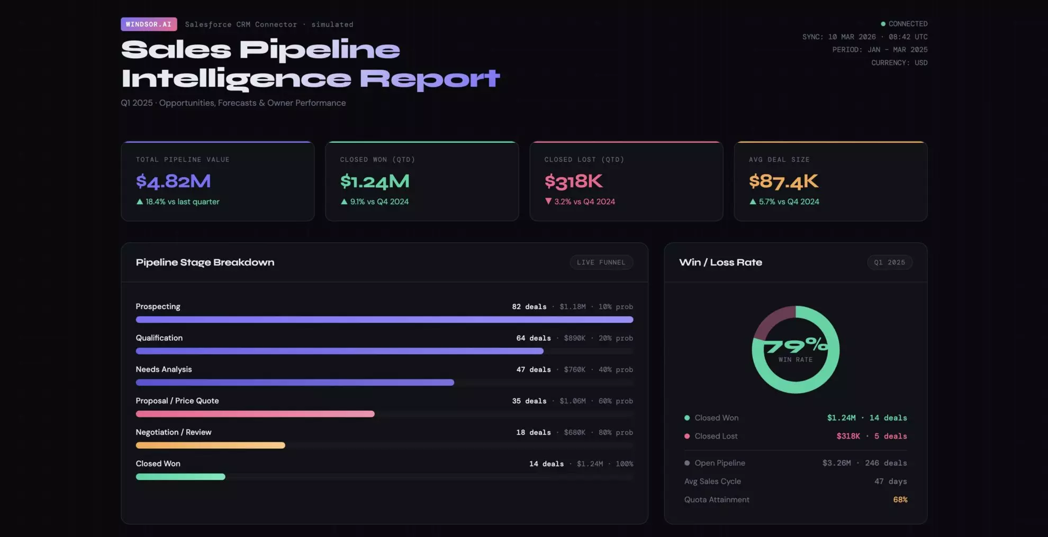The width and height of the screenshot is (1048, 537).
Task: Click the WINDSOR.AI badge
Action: pyautogui.click(x=149, y=24)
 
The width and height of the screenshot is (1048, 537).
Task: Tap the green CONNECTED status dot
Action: pyautogui.click(x=883, y=24)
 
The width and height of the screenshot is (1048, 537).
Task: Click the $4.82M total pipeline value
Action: pyautogui.click(x=173, y=181)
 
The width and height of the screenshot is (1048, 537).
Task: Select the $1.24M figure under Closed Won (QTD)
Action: pyautogui.click(x=375, y=181)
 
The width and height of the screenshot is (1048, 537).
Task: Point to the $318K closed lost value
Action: pyautogui.click(x=573, y=181)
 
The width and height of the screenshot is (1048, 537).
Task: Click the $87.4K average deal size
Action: pyautogui.click(x=783, y=181)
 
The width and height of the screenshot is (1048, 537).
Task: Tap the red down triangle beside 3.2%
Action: pyautogui.click(x=548, y=201)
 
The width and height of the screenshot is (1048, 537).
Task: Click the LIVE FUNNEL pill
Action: pyautogui.click(x=601, y=262)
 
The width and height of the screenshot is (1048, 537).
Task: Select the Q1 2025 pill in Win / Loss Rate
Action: pyautogui.click(x=889, y=262)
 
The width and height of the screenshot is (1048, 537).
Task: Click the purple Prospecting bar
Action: pyautogui.click(x=384, y=320)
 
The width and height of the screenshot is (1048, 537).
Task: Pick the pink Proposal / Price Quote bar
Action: pyautogui.click(x=255, y=414)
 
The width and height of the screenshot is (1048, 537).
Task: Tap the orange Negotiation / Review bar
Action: pyautogui.click(x=210, y=445)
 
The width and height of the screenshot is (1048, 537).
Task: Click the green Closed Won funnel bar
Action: pyautogui.click(x=180, y=477)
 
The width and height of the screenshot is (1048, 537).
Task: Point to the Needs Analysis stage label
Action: pyautogui.click(x=164, y=369)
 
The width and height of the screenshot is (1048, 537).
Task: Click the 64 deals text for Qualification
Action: pyautogui.click(x=533, y=338)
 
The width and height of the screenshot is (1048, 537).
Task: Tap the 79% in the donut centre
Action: pyautogui.click(x=796, y=346)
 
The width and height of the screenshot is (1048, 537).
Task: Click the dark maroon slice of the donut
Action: pyautogui.click(x=772, y=321)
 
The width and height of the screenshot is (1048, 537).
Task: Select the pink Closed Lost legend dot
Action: pyautogui.click(x=687, y=436)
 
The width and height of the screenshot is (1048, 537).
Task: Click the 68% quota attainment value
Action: pyautogui.click(x=900, y=499)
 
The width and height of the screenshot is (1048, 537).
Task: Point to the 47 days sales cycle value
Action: pyautogui.click(x=890, y=481)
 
